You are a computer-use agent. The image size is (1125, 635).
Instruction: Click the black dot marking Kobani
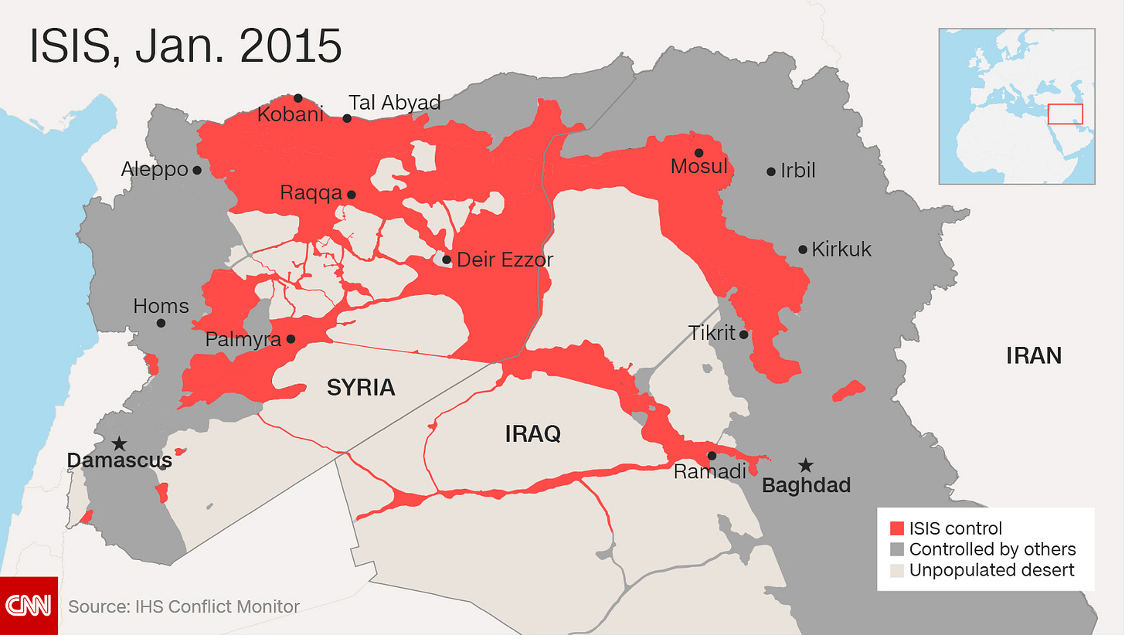pyautogui.click(x=298, y=98)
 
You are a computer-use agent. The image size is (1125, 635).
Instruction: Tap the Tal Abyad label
pyautogui.click(x=394, y=103)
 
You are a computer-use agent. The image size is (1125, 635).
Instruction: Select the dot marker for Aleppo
pyautogui.click(x=197, y=170)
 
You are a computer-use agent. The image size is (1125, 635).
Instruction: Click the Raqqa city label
pyautogui.click(x=311, y=193)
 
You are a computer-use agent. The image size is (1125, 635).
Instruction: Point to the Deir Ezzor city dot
pyautogui.click(x=447, y=260)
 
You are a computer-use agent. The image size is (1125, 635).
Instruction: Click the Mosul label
pyautogui.click(x=698, y=166)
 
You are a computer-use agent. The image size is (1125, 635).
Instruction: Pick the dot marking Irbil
pyautogui.click(x=771, y=171)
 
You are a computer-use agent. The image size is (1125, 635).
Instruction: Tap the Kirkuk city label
pyautogui.click(x=841, y=250)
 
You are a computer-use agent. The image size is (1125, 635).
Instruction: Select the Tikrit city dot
pyautogui.click(x=743, y=334)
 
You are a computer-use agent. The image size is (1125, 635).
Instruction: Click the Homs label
pyautogui.click(x=161, y=306)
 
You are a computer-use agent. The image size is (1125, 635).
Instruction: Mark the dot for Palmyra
pyautogui.click(x=291, y=339)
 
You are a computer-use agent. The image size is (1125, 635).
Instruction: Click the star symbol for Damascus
pyautogui.click(x=119, y=444)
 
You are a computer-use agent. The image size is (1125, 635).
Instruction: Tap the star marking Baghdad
pyautogui.click(x=806, y=465)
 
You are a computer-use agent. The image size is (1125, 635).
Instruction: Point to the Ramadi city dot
pyautogui.click(x=712, y=456)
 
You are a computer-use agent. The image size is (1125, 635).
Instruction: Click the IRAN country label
pyautogui.click(x=1033, y=356)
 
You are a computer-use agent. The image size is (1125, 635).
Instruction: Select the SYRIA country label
pyautogui.click(x=361, y=388)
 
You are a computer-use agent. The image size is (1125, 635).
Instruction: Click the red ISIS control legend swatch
pyautogui.click(x=896, y=529)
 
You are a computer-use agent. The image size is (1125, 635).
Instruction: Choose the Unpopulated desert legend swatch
pyautogui.click(x=896, y=571)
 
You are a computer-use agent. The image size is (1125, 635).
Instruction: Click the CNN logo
pyautogui.click(x=29, y=606)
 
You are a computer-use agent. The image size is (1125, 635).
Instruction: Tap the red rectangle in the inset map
pyautogui.click(x=1065, y=114)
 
